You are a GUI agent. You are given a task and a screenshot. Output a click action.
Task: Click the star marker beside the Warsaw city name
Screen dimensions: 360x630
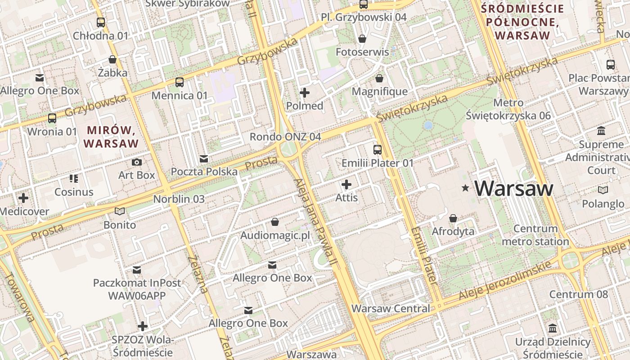point(465,189)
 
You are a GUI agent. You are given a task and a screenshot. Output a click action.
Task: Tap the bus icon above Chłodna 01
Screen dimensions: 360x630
point(101,22)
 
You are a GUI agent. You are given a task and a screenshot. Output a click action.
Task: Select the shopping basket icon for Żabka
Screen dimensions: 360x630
point(112,59)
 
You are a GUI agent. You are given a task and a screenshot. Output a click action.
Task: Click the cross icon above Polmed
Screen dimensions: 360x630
point(305,93)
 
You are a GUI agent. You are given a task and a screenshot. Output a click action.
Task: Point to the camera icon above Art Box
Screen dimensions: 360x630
point(137,162)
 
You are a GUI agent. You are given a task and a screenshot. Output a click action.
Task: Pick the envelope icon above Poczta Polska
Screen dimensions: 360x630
point(204,159)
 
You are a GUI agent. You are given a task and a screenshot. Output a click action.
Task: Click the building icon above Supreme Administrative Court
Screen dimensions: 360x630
point(601,131)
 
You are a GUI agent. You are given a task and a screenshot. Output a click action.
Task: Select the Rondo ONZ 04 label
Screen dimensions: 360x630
point(285,137)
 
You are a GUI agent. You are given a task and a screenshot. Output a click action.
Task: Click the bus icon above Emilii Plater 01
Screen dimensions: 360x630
point(377,150)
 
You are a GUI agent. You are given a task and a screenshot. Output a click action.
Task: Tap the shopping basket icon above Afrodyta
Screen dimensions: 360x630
point(453,218)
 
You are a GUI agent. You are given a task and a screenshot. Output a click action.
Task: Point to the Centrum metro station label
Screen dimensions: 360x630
point(535,235)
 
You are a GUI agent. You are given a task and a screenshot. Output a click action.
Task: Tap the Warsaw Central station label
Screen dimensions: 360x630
point(391,309)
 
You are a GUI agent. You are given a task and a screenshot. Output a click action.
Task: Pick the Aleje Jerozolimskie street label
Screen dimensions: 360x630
point(505,281)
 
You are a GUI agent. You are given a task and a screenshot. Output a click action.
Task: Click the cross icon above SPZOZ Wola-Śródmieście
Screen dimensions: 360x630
point(143,326)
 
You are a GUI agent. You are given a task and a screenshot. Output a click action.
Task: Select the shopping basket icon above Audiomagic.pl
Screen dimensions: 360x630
point(275,222)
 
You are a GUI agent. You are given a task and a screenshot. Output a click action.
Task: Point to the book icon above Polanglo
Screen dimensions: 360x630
point(603,190)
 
